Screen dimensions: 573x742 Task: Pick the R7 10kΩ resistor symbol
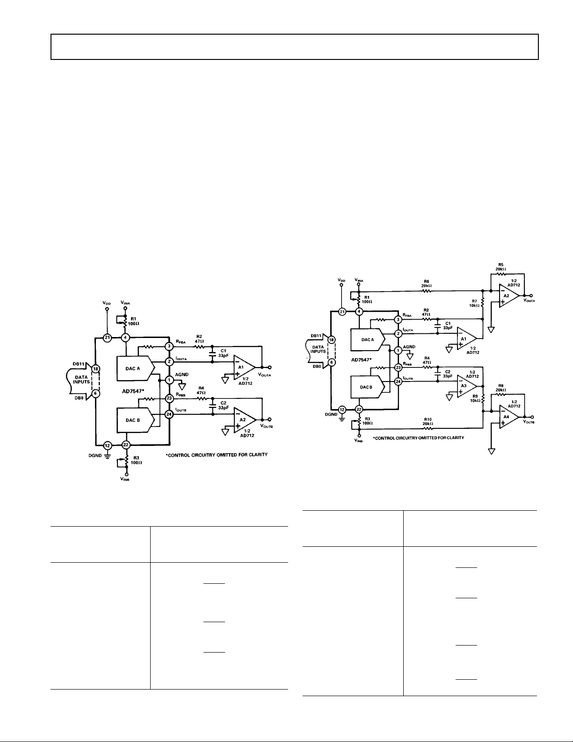coord(482,303)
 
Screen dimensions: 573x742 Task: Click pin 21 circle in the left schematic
coord(107,337)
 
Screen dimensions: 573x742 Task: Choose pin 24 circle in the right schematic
coord(399,382)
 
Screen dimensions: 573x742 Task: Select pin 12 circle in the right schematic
coord(342,409)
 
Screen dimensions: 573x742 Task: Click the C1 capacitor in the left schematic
coord(213,355)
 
